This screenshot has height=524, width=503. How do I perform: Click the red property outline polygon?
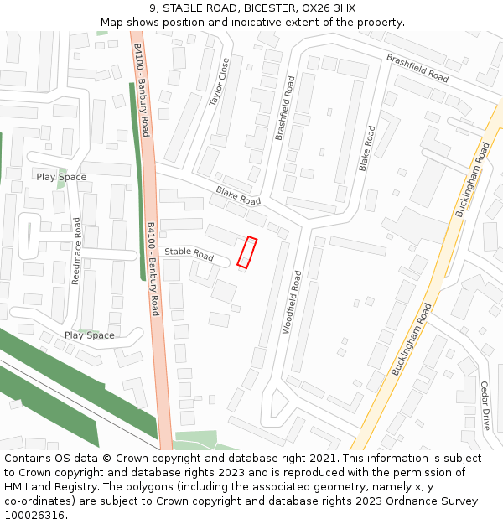[x=246, y=252]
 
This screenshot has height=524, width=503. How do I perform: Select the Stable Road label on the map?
[x=189, y=252]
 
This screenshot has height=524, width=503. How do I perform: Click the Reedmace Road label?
[x=76, y=251]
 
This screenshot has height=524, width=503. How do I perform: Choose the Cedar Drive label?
[x=485, y=406]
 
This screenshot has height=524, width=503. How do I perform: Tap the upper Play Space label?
[x=61, y=177]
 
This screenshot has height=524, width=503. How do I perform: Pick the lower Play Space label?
[x=90, y=335]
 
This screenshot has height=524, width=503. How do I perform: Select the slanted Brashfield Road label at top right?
[x=417, y=68]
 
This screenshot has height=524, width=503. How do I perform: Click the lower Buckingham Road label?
[x=411, y=339]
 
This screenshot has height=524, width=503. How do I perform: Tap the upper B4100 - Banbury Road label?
[x=141, y=91]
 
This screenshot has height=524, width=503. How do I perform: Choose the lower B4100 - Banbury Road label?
[x=153, y=268]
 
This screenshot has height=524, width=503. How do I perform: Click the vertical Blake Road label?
[x=367, y=149]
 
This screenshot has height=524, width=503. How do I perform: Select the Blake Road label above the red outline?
[x=238, y=195]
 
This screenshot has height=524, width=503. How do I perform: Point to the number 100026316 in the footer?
[x=34, y=516]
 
